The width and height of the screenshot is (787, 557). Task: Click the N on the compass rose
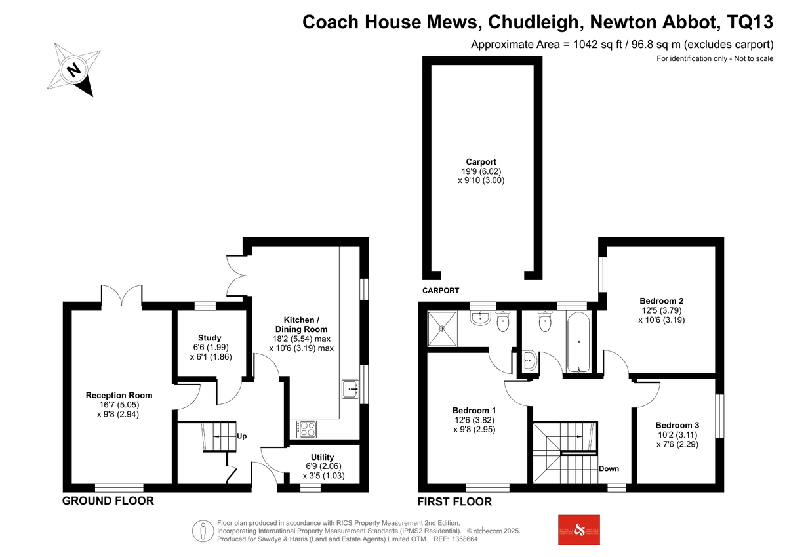pos(73,70)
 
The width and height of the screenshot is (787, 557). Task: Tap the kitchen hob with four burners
pos(306,429)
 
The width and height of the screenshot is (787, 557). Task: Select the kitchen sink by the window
pos(350,389)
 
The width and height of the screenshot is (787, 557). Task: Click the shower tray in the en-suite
pos(442,329)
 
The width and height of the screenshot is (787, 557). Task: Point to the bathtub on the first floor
pos(578,342)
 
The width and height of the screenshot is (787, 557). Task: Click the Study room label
pos(210,338)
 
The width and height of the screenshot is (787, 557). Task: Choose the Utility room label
pos(322,457)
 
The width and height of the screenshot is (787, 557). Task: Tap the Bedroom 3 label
pos(677,425)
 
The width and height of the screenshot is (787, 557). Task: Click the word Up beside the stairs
pos(242,436)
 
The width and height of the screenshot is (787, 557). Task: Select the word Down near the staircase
pos(609,468)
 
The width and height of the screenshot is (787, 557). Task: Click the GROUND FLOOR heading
pos(108,501)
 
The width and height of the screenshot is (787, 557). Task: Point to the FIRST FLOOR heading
pos(454,501)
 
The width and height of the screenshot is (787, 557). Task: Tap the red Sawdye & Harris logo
pos(579,530)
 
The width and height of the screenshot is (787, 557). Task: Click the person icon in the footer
pos(203,531)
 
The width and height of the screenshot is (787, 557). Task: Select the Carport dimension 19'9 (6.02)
pos(481,171)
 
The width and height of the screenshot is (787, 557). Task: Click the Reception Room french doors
pos(122,295)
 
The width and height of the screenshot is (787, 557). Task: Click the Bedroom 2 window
pos(603,274)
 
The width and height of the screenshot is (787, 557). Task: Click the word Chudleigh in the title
pos(533,22)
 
